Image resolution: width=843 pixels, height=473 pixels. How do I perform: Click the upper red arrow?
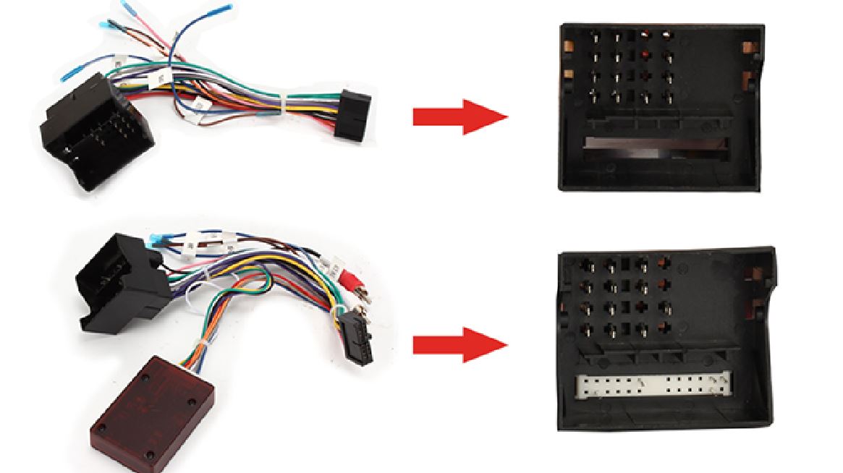pos(460,116)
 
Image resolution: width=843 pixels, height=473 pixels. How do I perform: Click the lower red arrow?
pos(460,345)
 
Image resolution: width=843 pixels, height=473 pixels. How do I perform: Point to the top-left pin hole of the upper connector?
pos(594,35)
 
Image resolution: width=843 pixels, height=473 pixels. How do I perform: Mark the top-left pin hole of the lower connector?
pos(587,265)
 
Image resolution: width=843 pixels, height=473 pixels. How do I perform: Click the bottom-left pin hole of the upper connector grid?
pos(594,95)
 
